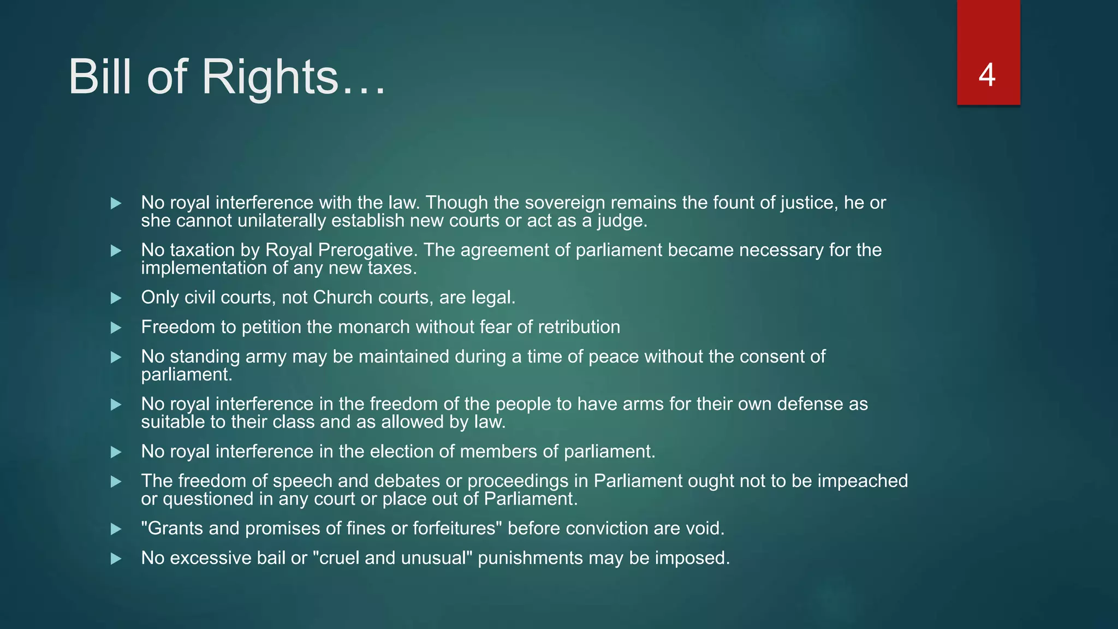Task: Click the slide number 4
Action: [987, 75]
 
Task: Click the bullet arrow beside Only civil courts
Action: [116, 298]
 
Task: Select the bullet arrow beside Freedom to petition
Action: [116, 328]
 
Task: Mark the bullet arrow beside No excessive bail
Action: [116, 559]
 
